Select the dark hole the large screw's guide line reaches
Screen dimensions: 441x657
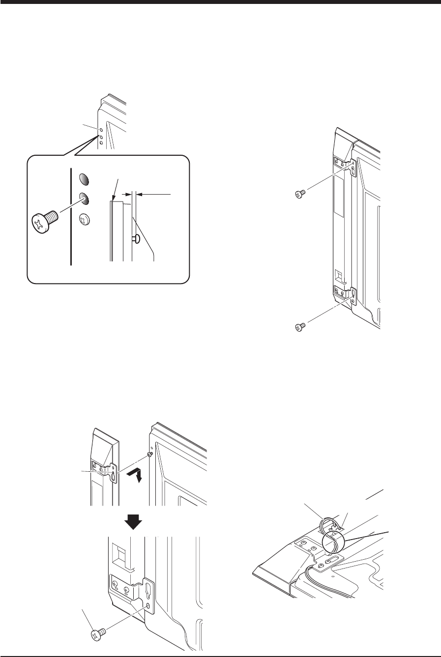[85, 199]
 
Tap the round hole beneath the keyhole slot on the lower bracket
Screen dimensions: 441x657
[148, 607]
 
